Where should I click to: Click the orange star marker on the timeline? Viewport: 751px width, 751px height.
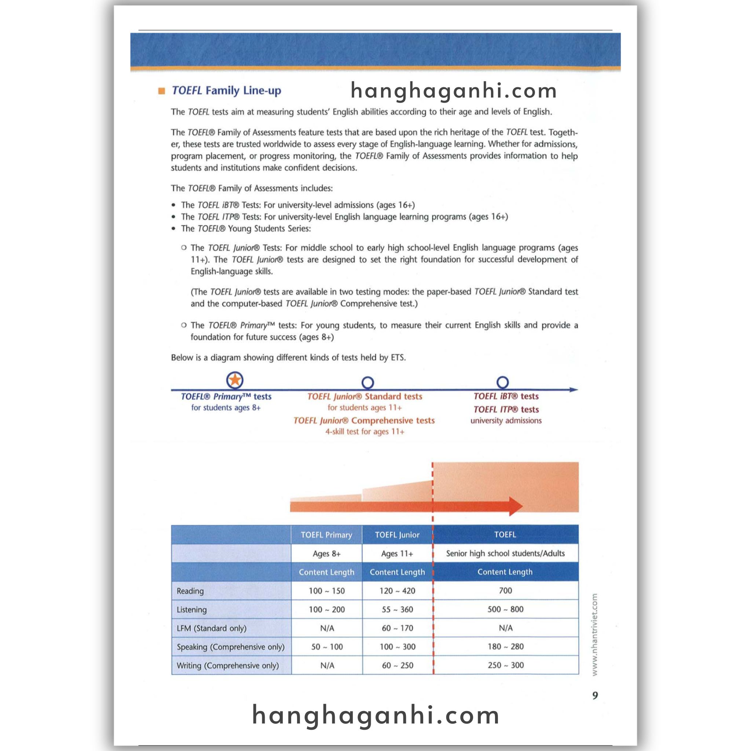click(x=235, y=380)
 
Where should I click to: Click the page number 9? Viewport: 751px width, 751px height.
click(x=595, y=695)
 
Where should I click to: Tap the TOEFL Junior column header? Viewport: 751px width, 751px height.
click(x=397, y=535)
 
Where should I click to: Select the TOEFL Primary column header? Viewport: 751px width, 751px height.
click(x=326, y=535)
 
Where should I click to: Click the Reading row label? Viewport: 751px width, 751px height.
click(x=190, y=591)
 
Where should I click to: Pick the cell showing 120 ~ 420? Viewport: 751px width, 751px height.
click(x=397, y=591)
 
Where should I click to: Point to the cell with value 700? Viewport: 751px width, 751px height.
click(x=505, y=590)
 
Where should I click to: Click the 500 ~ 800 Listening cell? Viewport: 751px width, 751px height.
click(x=505, y=609)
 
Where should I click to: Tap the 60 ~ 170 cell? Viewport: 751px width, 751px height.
click(x=397, y=628)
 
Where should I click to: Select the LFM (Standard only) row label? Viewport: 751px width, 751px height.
click(x=212, y=628)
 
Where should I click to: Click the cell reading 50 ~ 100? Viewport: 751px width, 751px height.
click(x=327, y=646)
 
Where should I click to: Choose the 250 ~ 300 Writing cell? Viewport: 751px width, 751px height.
click(x=505, y=665)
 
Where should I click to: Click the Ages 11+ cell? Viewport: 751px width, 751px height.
click(x=397, y=553)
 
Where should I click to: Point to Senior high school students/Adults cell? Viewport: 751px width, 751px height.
click(x=505, y=553)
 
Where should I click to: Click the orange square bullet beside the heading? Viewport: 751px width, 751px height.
click(x=162, y=91)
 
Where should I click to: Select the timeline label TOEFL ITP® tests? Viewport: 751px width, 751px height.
click(x=506, y=409)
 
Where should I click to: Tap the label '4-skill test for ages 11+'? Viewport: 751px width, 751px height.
click(x=364, y=432)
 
